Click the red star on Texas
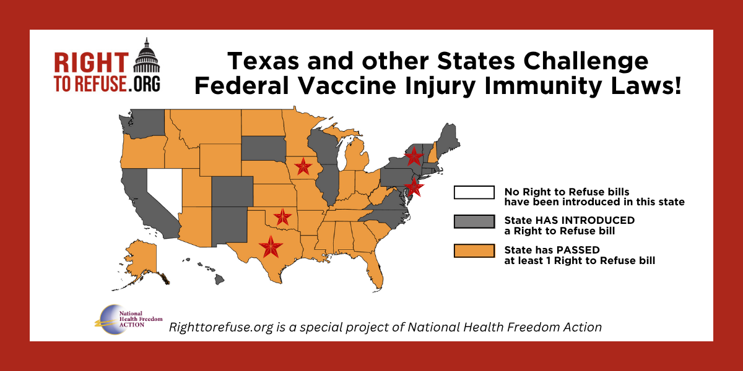pyautogui.click(x=271, y=247)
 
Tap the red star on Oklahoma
pyautogui.click(x=282, y=217)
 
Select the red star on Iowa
pyautogui.click(x=303, y=166)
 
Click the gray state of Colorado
pyautogui.click(x=232, y=191)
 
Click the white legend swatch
pyautogui.click(x=474, y=192)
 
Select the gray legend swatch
pyautogui.click(x=474, y=221)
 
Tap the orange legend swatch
pyautogui.click(x=474, y=250)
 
